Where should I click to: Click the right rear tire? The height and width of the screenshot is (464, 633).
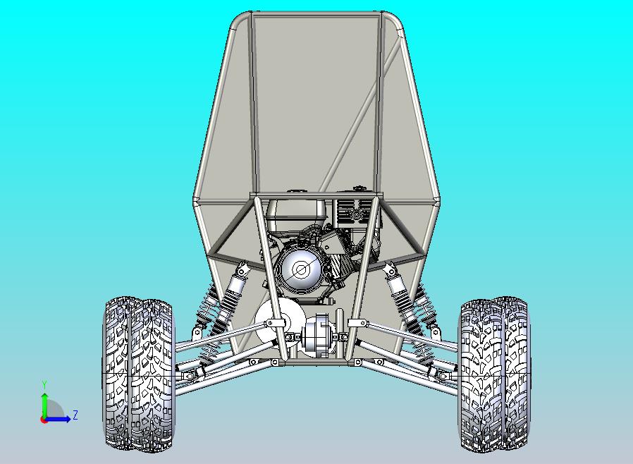(495, 374)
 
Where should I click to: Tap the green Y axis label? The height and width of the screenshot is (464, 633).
(44, 384)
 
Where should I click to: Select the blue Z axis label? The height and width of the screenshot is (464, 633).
(75, 415)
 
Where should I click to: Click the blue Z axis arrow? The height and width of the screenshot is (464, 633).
(57, 420)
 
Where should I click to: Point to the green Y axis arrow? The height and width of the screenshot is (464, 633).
(45, 405)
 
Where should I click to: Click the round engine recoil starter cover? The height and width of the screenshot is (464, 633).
(300, 269)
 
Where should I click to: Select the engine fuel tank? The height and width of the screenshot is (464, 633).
(297, 215)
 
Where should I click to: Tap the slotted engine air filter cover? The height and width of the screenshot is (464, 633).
(355, 214)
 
